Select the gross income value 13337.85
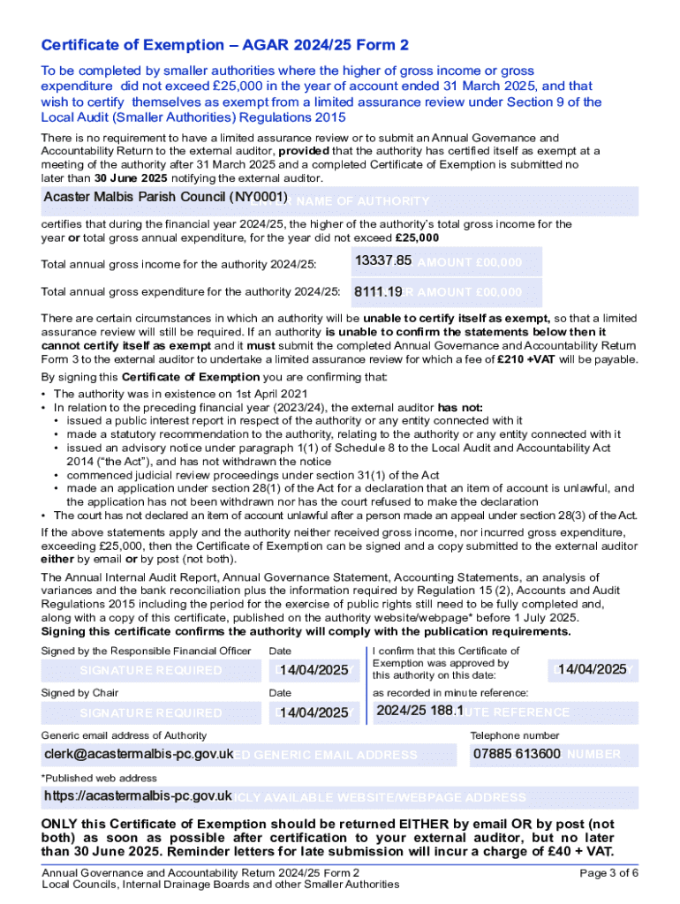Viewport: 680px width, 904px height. click(383, 260)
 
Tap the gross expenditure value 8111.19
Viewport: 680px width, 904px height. click(378, 291)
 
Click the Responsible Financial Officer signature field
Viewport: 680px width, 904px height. click(150, 670)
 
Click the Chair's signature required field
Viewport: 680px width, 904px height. click(150, 712)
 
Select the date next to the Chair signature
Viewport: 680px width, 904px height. click(314, 712)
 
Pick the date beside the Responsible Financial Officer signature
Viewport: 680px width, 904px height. click(314, 670)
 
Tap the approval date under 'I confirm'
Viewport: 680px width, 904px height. click(592, 670)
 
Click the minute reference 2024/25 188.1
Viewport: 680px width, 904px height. click(419, 711)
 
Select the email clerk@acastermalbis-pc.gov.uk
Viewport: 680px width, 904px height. click(139, 754)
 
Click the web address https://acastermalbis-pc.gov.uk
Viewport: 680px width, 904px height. click(138, 796)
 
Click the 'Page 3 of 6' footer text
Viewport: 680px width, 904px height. click(608, 872)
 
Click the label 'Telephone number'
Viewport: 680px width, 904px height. click(514, 735)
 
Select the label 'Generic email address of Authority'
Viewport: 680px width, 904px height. click(124, 735)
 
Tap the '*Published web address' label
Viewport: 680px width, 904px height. click(99, 778)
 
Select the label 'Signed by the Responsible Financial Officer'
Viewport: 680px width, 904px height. click(146, 651)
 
